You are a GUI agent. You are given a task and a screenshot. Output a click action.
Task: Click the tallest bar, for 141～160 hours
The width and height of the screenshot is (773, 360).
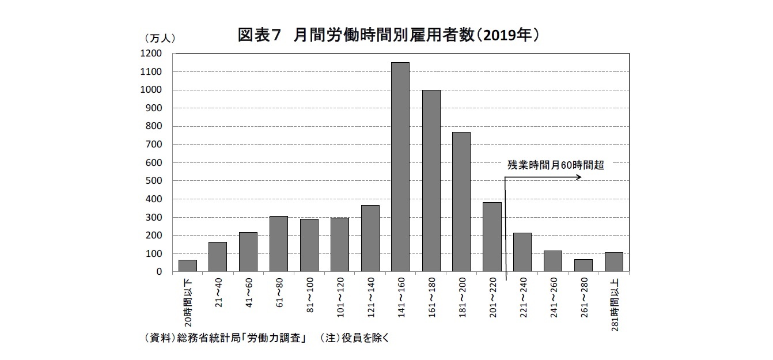click(x=400, y=167)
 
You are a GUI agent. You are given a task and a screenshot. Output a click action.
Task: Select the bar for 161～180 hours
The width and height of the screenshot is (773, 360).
click(x=431, y=181)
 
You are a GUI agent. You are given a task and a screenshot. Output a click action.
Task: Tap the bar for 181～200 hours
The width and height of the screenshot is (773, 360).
click(x=461, y=202)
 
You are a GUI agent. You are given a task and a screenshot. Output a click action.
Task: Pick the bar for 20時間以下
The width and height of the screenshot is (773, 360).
click(x=188, y=266)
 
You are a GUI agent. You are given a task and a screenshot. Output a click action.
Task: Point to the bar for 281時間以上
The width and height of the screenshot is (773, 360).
click(x=613, y=262)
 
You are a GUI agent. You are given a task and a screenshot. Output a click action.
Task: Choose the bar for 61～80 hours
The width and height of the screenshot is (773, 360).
click(x=279, y=244)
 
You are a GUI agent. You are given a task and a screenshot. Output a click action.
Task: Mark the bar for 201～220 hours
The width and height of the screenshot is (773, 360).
click(x=491, y=237)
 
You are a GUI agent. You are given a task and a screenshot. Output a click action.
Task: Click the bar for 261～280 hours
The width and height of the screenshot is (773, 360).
click(x=583, y=266)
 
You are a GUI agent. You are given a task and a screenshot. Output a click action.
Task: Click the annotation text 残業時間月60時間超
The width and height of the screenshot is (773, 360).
click(x=555, y=165)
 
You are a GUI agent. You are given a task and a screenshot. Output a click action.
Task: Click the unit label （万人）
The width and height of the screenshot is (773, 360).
click(x=158, y=38)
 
